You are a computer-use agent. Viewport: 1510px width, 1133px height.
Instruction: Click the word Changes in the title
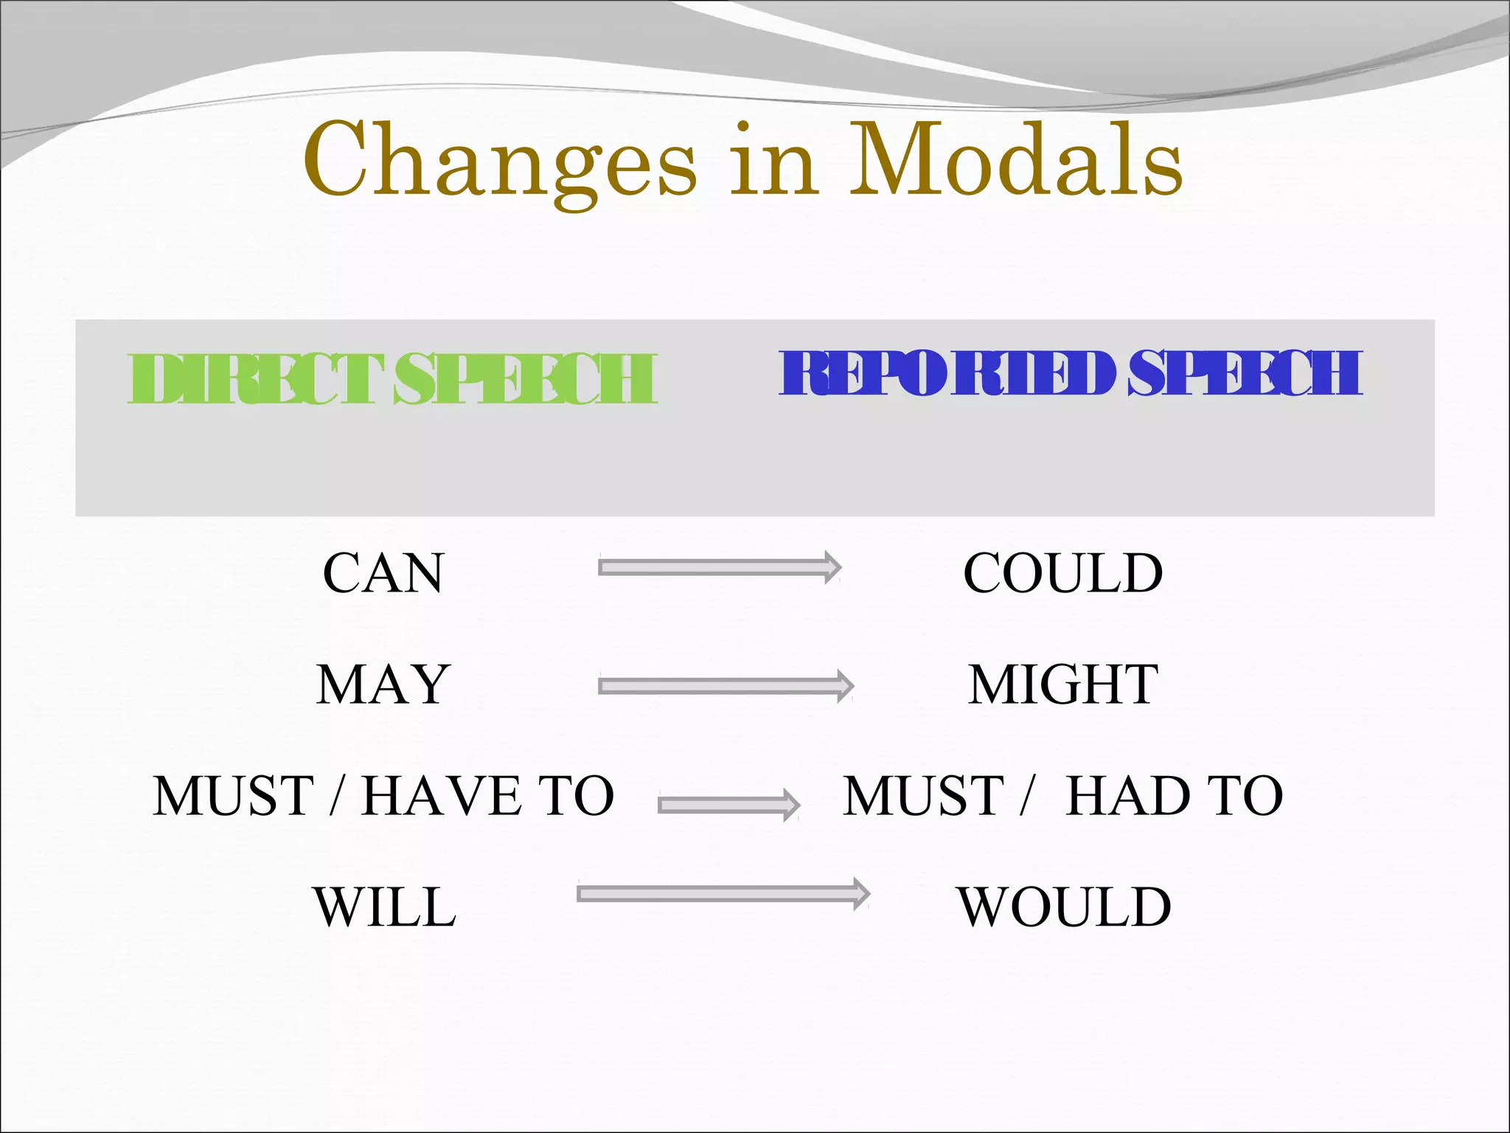pos(499,161)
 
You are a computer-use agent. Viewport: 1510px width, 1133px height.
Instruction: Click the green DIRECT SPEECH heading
pos(392,378)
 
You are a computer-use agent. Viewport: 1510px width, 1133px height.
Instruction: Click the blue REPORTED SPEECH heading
pos(1071,373)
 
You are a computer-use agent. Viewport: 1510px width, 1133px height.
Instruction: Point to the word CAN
pos(383,573)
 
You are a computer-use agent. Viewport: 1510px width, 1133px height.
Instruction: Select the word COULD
pos(1062,573)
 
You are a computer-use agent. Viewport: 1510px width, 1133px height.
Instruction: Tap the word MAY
pos(383,685)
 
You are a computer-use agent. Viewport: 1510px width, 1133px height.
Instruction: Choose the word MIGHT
pos(1062,685)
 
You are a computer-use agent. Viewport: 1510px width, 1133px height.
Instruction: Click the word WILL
pos(384,907)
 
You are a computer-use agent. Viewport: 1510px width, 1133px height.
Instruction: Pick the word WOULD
pos(1064,907)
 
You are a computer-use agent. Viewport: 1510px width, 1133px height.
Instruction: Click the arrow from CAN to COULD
pos(720,567)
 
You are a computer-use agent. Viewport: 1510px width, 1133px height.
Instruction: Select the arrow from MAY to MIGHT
pos(726,686)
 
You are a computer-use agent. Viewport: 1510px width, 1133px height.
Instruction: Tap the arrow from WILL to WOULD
pos(723,894)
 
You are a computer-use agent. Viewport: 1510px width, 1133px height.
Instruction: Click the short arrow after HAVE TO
pos(728,805)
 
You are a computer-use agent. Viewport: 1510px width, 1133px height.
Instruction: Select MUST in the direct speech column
pos(234,796)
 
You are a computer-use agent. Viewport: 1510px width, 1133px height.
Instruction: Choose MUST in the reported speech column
pos(923,796)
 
